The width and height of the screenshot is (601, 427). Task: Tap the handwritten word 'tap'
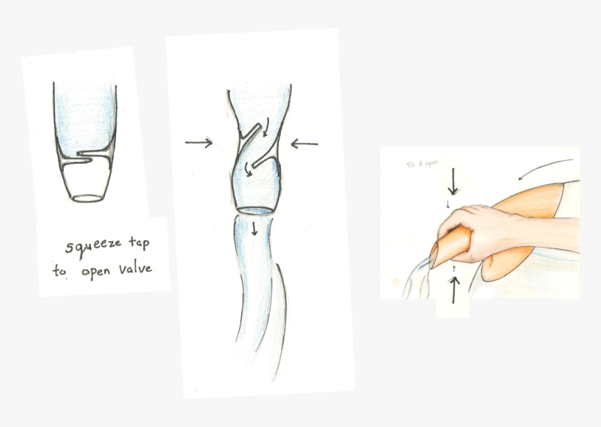coord(137,244)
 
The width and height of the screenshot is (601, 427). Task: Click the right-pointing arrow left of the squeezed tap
coord(199,143)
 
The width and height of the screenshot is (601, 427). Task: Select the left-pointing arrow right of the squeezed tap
coord(304,144)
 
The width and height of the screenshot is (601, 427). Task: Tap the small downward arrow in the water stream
coord(254,228)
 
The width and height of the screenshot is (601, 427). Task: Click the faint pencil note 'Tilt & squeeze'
coord(421,165)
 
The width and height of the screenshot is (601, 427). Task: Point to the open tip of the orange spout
coord(434,255)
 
